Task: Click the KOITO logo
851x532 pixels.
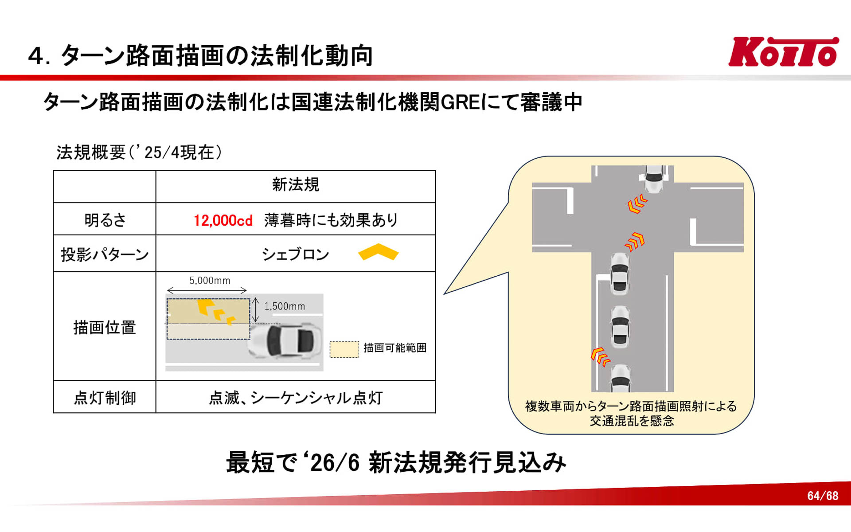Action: click(x=783, y=52)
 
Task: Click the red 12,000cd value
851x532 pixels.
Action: click(x=223, y=220)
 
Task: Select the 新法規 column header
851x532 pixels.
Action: click(x=296, y=185)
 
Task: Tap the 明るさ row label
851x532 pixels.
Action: click(x=105, y=220)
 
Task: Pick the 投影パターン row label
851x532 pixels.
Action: click(x=105, y=254)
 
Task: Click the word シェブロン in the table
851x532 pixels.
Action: click(x=295, y=254)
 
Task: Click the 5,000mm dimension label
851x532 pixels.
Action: click(x=210, y=281)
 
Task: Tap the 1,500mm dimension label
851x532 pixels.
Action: click(x=285, y=306)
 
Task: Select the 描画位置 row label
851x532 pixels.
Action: click(x=105, y=327)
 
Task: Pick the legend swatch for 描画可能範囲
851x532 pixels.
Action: click(x=344, y=349)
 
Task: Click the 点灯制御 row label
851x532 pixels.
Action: click(x=105, y=398)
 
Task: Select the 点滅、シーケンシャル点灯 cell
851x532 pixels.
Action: click(x=296, y=398)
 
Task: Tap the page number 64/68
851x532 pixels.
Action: click(x=823, y=496)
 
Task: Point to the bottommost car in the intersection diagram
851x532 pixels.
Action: click(x=621, y=378)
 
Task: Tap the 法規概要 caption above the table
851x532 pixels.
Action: click(x=91, y=153)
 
